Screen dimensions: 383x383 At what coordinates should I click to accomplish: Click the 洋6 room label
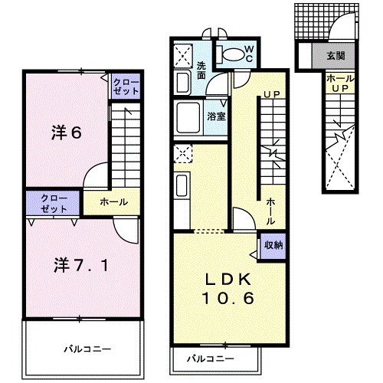tap(67, 133)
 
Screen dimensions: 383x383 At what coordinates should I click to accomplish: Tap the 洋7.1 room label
tap(81, 265)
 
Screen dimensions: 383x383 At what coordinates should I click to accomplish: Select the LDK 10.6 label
tap(228, 289)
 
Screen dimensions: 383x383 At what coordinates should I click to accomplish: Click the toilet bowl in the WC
tap(234, 54)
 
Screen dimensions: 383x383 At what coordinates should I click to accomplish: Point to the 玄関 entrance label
tap(336, 55)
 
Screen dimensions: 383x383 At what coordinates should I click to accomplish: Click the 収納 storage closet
tap(273, 246)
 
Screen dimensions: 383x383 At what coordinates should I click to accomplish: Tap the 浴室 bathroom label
tap(217, 116)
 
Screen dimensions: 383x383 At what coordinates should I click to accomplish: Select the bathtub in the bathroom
tap(188, 118)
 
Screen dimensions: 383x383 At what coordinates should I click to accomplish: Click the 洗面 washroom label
tap(201, 70)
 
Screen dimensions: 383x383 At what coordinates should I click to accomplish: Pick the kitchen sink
tap(182, 185)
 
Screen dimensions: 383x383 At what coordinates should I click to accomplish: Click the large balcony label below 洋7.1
tap(87, 349)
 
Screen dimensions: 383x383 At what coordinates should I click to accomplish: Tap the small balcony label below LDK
tap(211, 358)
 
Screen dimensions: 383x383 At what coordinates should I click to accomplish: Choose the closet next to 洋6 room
tap(126, 87)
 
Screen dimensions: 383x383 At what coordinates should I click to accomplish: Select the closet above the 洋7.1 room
tap(53, 203)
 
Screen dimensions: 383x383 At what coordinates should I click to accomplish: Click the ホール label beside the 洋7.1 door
tap(114, 202)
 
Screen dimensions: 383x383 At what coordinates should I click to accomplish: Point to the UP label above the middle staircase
tap(272, 95)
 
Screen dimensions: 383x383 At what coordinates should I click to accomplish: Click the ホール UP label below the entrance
tap(340, 83)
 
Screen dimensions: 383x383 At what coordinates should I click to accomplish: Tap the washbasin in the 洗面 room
tap(182, 83)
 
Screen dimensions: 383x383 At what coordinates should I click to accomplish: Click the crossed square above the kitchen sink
tap(183, 153)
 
